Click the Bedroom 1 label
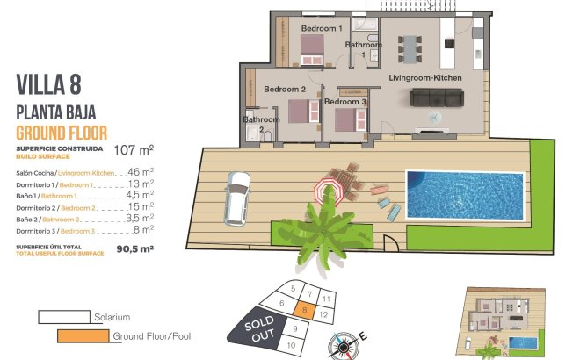(x=321, y=29)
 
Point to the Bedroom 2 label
(x=285, y=90)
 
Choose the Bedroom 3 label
(x=344, y=103)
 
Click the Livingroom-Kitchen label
(x=425, y=79)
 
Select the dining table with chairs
(x=410, y=52)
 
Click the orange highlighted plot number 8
(x=303, y=308)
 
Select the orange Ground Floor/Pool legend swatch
(x=83, y=335)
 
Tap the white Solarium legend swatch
(x=64, y=316)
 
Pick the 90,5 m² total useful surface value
(x=134, y=248)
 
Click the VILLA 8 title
(x=48, y=84)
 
